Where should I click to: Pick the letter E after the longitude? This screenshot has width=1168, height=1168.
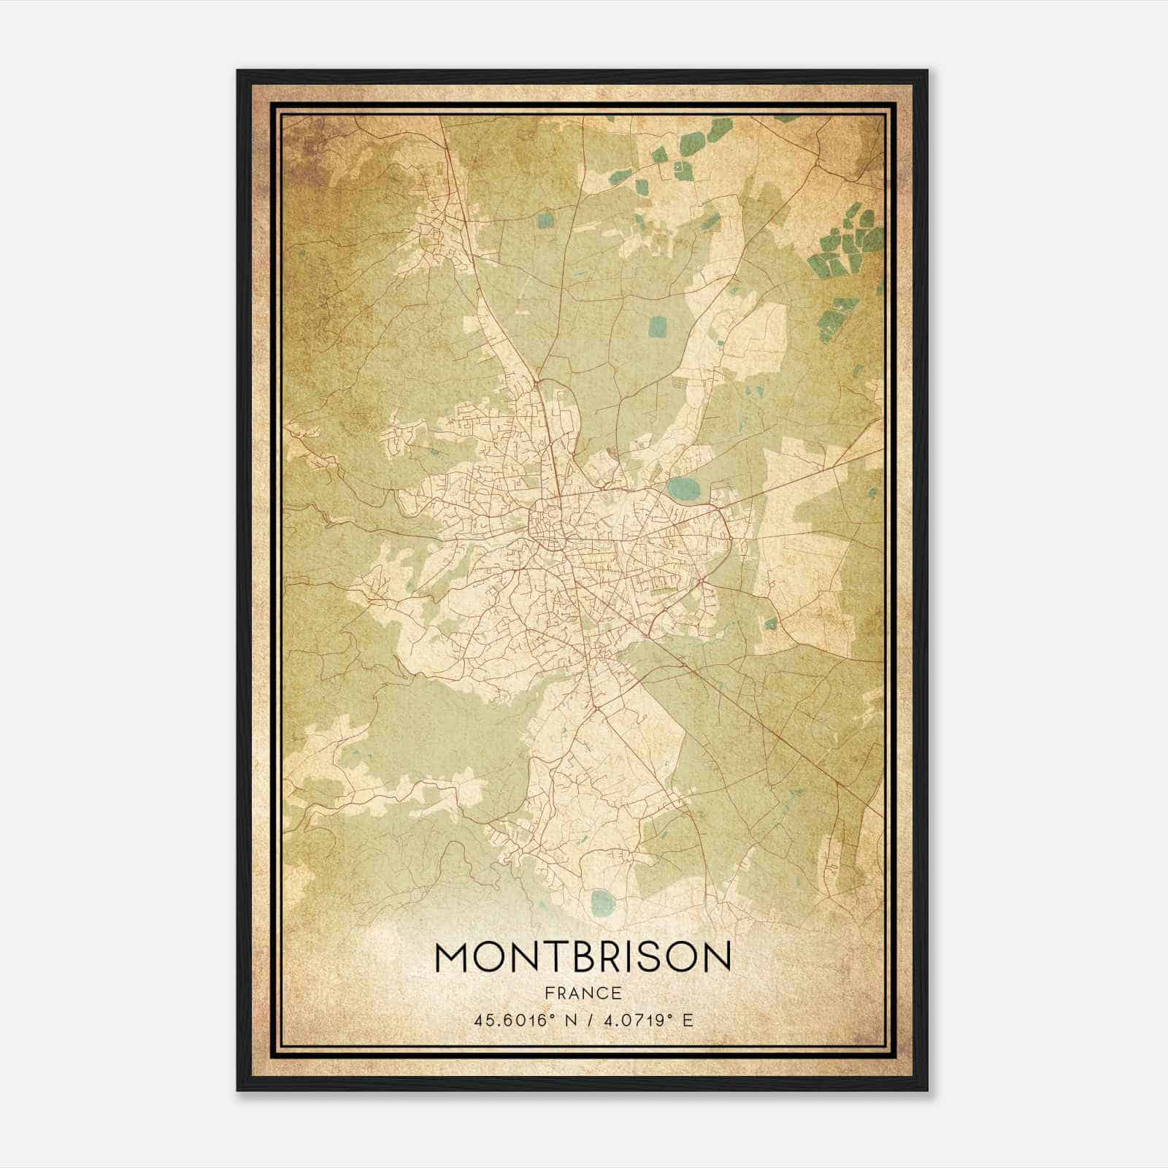coord(687,1020)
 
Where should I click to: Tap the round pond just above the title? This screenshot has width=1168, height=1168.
coord(602,903)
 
